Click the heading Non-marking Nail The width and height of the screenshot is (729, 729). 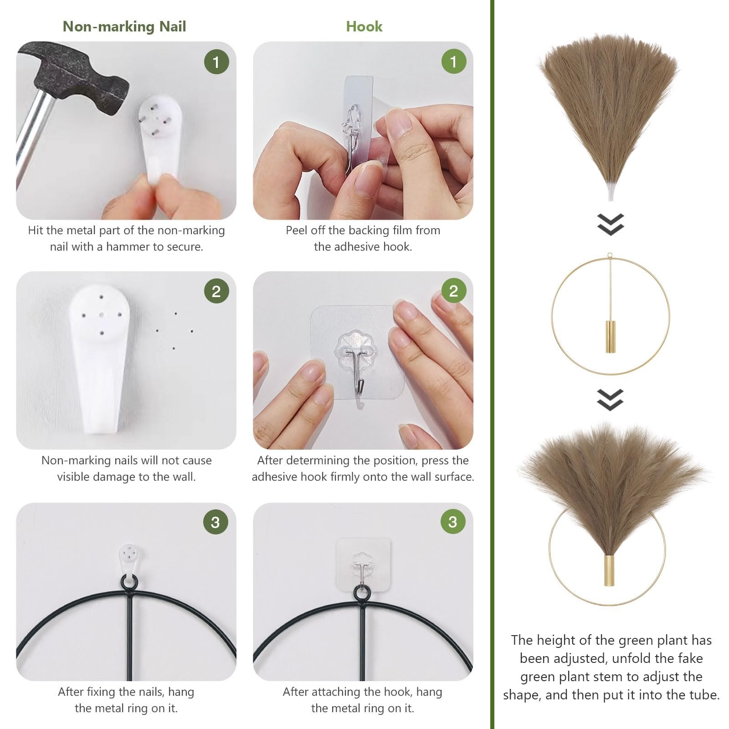(124, 26)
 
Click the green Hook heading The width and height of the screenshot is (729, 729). (364, 26)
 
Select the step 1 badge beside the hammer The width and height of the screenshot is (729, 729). (216, 62)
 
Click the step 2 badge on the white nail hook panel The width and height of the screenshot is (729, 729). (216, 291)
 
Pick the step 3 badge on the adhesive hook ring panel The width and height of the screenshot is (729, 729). (452, 522)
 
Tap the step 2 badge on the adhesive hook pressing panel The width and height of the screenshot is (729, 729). (453, 291)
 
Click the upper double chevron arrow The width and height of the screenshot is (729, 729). (610, 224)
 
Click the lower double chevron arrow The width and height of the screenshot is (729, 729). (610, 400)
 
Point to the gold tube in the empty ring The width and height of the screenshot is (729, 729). (610, 336)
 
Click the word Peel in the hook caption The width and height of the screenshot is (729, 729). (297, 230)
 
